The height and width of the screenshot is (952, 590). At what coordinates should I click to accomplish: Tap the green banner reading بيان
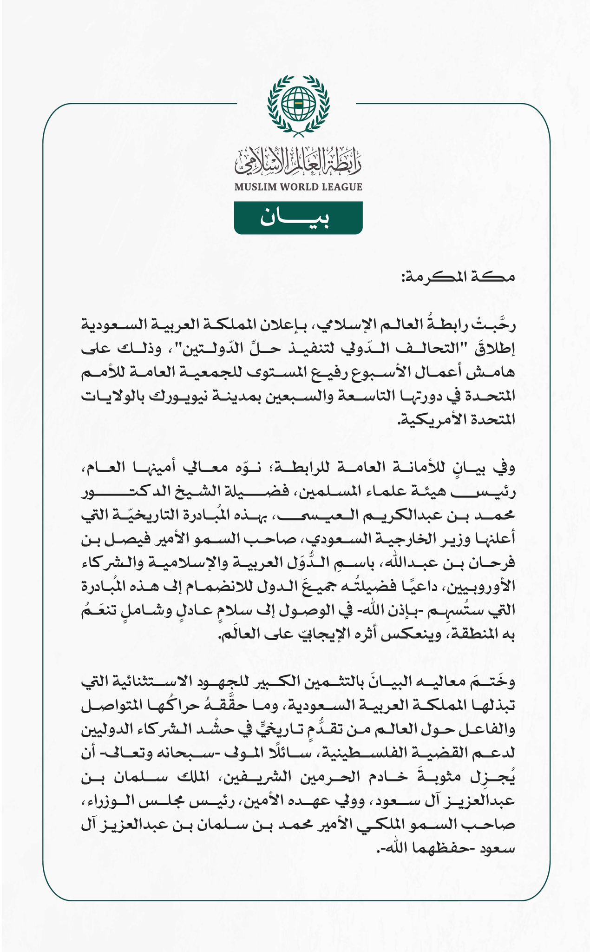click(x=298, y=218)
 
